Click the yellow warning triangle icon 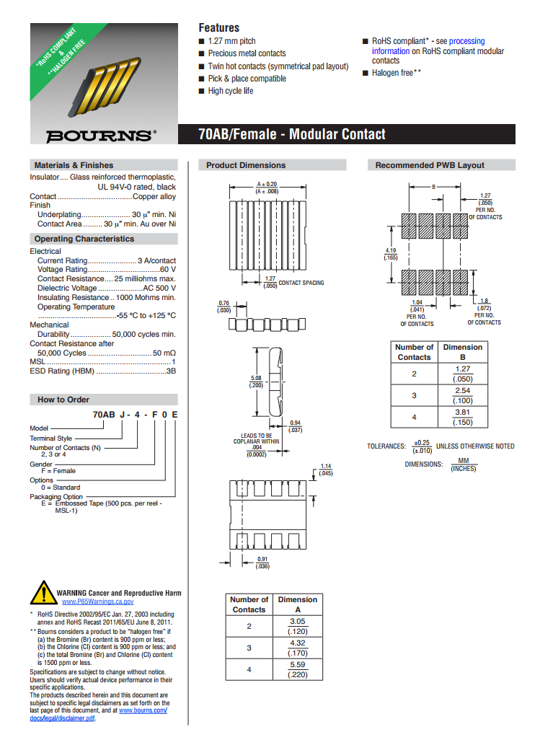pyautogui.click(x=43, y=593)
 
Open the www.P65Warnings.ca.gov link pyautogui.click(x=97, y=601)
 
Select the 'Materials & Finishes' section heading pyautogui.click(x=74, y=165)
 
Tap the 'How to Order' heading pyautogui.click(x=63, y=399)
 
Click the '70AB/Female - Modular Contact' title pyautogui.click(x=292, y=134)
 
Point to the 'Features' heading pyautogui.click(x=218, y=27)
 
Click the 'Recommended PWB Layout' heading pyautogui.click(x=430, y=165)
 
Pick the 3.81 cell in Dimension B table pyautogui.click(x=462, y=413)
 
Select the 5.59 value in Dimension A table pyautogui.click(x=297, y=664)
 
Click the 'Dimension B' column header pyautogui.click(x=462, y=351)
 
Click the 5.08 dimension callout pyautogui.click(x=256, y=378)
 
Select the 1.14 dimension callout pyautogui.click(x=326, y=466)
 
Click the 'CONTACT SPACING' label pyautogui.click(x=301, y=283)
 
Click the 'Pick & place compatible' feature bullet pyautogui.click(x=247, y=79)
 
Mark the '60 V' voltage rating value pyautogui.click(x=167, y=270)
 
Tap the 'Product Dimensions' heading pyautogui.click(x=246, y=165)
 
